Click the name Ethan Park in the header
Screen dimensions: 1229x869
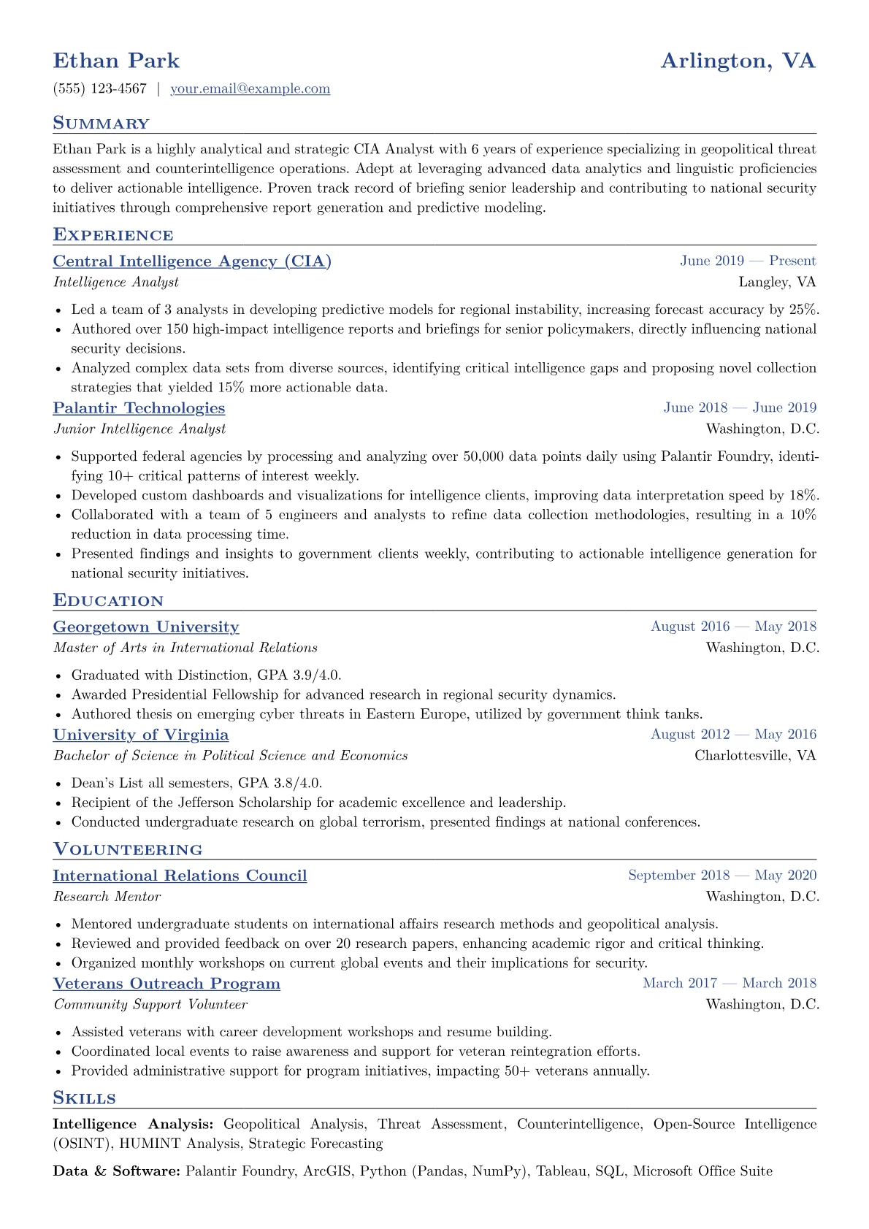click(x=116, y=61)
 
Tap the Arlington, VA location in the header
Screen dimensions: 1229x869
click(x=738, y=61)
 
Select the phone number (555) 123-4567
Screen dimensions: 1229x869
click(x=100, y=89)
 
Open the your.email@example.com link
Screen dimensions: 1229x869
click(x=250, y=89)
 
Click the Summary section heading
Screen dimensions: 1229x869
click(x=101, y=123)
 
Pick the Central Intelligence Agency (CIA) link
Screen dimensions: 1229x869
click(x=192, y=261)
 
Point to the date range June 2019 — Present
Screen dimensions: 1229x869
click(x=748, y=261)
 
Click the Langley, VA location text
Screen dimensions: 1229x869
click(x=777, y=282)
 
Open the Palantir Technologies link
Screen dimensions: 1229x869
click(x=139, y=408)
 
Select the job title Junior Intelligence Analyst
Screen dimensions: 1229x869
click(x=139, y=429)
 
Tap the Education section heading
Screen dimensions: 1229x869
click(x=108, y=601)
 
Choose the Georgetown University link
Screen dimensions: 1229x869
click(x=146, y=627)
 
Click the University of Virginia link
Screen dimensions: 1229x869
click(x=141, y=735)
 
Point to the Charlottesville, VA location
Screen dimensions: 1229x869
click(x=755, y=755)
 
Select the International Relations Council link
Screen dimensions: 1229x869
click(x=180, y=876)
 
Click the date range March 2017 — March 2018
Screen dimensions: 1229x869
click(x=730, y=984)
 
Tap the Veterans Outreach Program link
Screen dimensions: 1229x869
click(x=166, y=984)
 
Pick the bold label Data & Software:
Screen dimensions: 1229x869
click(x=117, y=1171)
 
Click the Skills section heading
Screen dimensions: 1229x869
click(x=84, y=1098)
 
